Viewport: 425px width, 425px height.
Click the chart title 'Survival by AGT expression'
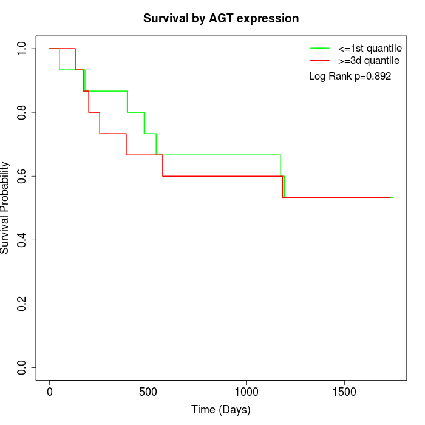[x=221, y=19]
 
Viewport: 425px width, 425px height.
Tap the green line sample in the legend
[x=320, y=48]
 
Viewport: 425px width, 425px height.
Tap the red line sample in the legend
[x=320, y=61]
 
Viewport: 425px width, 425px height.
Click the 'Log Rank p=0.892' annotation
[x=350, y=76]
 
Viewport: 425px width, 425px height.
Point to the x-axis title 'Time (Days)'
[x=221, y=410]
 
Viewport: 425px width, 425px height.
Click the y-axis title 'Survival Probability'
[x=5, y=208]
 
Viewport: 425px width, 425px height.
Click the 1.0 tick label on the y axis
[x=22, y=49]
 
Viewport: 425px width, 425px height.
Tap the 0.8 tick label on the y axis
[x=22, y=112]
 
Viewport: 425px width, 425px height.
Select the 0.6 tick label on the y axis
[x=22, y=176]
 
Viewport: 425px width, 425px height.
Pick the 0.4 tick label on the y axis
[x=22, y=240]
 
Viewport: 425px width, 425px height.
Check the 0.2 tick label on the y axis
[x=22, y=304]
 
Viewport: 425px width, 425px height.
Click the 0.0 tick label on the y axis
[x=22, y=367]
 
